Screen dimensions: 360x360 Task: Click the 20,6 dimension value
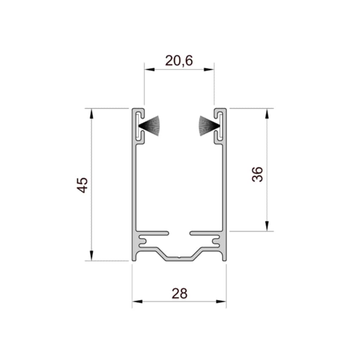click(179, 61)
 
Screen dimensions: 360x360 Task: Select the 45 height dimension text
click(82, 185)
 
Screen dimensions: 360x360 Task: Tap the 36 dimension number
click(257, 175)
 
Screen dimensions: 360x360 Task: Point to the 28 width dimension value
click(180, 293)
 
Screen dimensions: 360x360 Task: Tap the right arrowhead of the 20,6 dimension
click(209, 69)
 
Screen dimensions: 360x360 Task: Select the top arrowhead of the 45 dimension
click(91, 114)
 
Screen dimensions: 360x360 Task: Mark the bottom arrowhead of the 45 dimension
click(91, 256)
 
